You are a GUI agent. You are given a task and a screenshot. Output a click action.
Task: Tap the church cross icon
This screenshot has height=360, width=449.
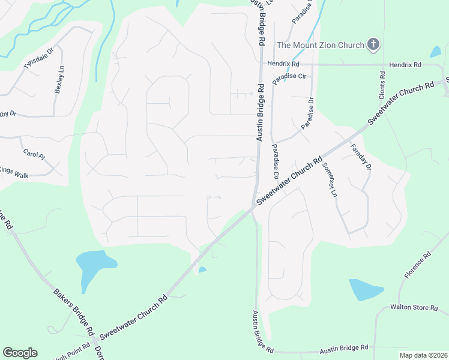click(373, 44)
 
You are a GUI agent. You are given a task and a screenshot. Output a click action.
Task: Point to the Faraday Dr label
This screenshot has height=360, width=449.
click(360, 157)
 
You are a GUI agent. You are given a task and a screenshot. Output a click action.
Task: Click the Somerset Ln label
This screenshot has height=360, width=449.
click(329, 180)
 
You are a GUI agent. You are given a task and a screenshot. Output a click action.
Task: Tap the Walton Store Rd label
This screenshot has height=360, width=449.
click(414, 307)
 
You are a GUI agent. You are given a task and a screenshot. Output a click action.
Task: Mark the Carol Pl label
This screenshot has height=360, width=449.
click(34, 155)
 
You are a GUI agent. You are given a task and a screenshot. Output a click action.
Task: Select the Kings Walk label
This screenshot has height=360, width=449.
click(14, 172)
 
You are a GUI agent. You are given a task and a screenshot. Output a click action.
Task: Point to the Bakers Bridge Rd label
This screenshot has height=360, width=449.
click(73, 312)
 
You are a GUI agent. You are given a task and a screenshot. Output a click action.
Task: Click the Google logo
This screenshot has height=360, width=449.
click(20, 353)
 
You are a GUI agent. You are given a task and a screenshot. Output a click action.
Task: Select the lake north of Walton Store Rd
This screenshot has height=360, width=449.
click(365, 289)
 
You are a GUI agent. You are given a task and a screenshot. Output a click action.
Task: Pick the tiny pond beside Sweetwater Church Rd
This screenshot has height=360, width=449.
click(203, 269)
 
